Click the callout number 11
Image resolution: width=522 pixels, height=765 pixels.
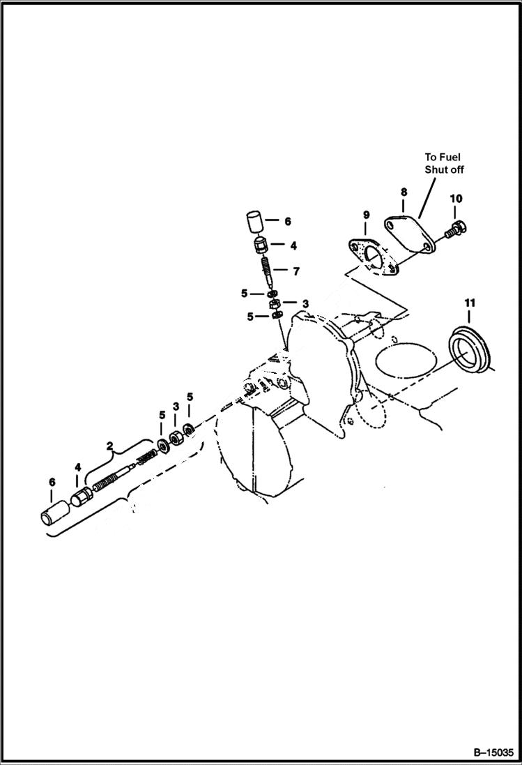[x=470, y=303]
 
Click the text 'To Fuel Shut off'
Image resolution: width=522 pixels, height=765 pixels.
[x=444, y=163]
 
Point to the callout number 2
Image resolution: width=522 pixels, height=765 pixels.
[x=109, y=444]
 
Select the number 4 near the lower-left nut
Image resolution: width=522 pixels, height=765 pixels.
[x=78, y=467]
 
